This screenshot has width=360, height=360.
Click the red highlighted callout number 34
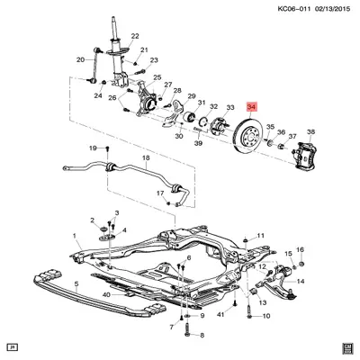[252, 106]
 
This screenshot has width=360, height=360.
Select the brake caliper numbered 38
[305, 155]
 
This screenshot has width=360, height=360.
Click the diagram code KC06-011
[295, 9]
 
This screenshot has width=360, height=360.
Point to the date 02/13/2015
[333, 9]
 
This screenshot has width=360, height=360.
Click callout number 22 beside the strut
[135, 36]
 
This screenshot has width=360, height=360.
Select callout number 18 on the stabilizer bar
[146, 157]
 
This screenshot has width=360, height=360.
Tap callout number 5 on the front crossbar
[76, 283]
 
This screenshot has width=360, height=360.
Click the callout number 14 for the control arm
[301, 281]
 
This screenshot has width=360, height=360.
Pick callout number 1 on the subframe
[75, 237]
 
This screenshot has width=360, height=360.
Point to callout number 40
[106, 295]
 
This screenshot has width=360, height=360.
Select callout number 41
[220, 314]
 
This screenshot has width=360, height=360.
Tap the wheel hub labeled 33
[218, 128]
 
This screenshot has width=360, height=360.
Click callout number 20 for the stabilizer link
[80, 60]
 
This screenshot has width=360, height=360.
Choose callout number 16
[300, 249]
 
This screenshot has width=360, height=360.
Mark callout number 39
[198, 143]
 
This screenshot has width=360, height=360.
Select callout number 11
[261, 236]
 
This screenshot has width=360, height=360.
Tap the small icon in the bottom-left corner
[13, 347]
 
